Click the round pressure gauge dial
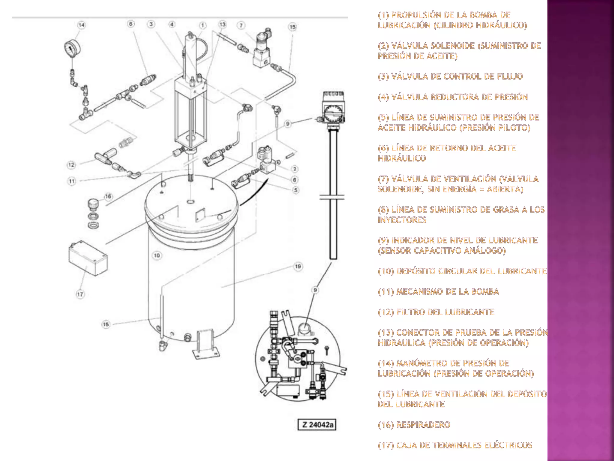click(73, 49)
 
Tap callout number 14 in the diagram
click(81, 25)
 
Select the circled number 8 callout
click(131, 24)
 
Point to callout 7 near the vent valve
click(242, 25)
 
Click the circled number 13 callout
click(222, 24)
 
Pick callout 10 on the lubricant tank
click(157, 255)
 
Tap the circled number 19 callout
click(298, 267)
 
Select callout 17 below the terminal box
click(80, 294)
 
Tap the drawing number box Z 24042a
click(317, 425)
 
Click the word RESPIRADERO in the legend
click(423, 425)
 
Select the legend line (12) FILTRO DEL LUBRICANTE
click(436, 312)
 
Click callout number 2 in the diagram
click(295, 169)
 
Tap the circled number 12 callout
click(71, 165)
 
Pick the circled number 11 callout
click(72, 181)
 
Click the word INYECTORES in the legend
click(402, 220)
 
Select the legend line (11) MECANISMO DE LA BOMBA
click(438, 292)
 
